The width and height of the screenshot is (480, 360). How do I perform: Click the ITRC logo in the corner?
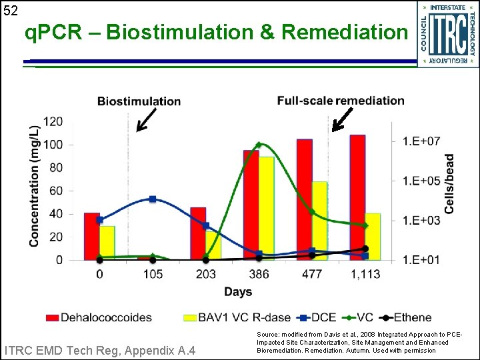point(447,33)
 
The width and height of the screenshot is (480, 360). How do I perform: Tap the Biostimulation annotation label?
point(139,101)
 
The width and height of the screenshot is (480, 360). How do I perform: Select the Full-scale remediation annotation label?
point(341,101)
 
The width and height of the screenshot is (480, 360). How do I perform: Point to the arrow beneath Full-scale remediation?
point(343,119)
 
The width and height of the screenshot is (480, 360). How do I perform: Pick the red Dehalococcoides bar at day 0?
point(92,236)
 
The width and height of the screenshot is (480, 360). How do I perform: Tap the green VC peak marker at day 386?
point(259,145)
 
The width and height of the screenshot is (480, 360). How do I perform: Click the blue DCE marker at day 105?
point(153,199)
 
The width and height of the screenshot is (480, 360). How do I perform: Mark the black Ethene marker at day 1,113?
point(365,249)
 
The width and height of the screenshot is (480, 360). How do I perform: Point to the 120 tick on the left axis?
point(53,122)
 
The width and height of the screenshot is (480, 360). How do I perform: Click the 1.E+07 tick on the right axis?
point(421,141)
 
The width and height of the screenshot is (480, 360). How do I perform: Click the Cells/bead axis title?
point(450,184)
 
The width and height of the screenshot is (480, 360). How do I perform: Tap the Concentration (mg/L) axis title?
point(33,187)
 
